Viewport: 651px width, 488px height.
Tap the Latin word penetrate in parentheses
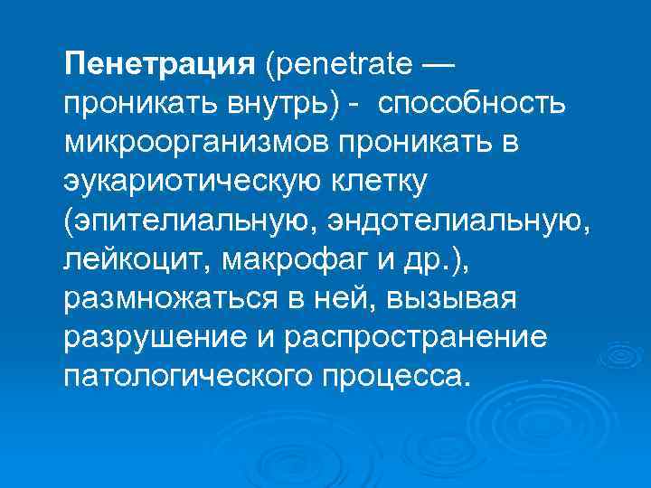click(x=341, y=64)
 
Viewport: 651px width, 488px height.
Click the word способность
click(x=472, y=104)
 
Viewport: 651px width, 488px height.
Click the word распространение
click(x=418, y=336)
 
